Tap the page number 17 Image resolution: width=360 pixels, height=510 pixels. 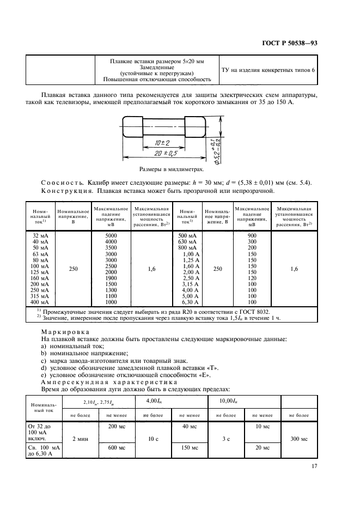coord(315,466)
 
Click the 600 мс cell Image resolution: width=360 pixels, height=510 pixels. coord(117,447)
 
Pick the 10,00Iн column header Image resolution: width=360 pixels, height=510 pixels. coord(229,400)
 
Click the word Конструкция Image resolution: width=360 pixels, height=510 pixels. coord(62,191)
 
